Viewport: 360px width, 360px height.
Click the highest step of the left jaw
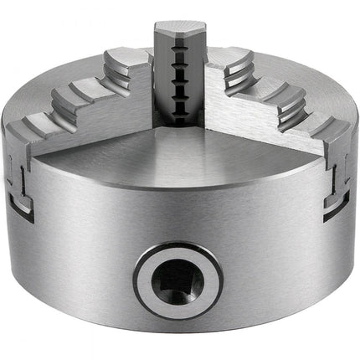[126, 62]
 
